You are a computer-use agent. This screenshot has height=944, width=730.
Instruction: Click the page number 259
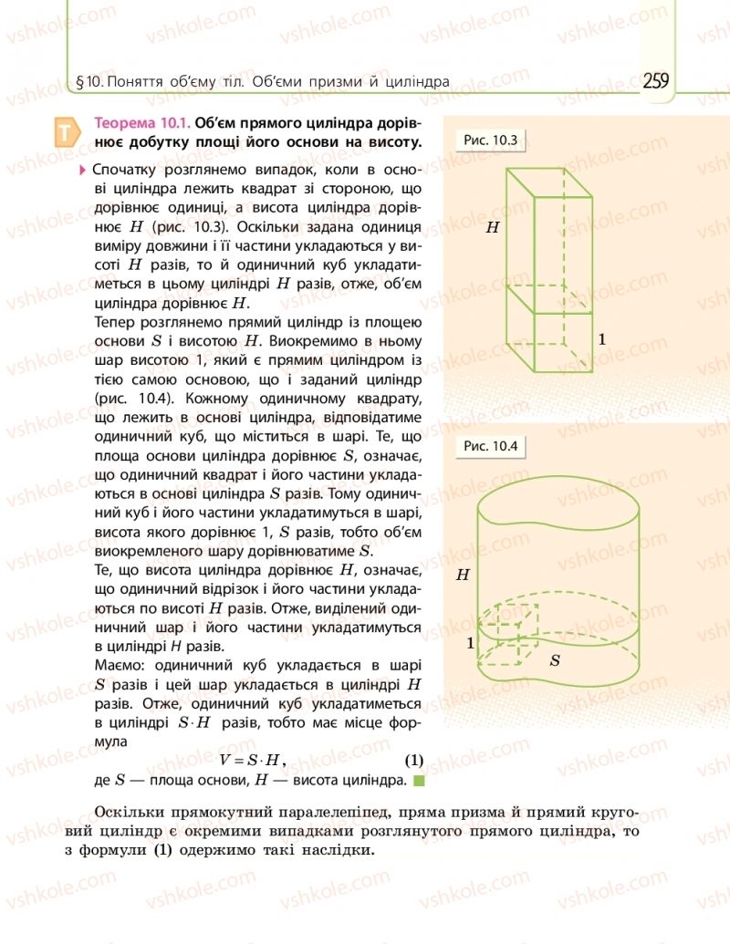coord(655,80)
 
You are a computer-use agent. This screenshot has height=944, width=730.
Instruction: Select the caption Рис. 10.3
coord(491,140)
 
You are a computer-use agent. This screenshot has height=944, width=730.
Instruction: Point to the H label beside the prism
coord(493,228)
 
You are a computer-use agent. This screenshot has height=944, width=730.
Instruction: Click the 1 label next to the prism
coord(602,339)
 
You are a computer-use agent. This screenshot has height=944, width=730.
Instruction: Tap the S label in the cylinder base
coord(555,659)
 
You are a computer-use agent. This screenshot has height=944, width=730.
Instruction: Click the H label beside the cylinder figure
coord(463,575)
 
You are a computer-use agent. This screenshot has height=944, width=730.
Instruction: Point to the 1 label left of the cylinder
coord(470,643)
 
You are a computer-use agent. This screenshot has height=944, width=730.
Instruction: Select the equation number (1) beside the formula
coord(414,759)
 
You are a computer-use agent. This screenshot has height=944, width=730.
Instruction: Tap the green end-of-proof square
coord(419,781)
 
